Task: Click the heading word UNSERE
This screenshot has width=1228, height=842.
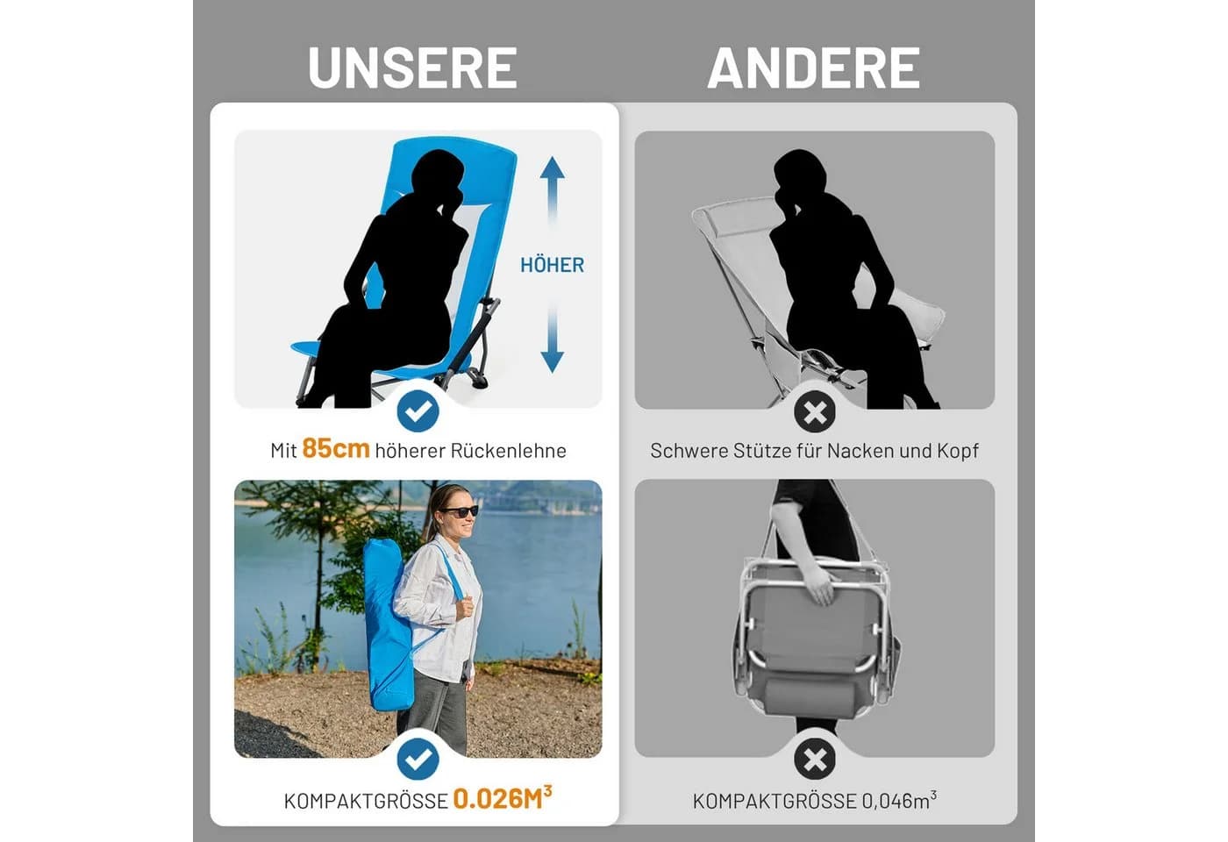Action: tap(412, 68)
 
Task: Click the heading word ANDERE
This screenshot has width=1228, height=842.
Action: tap(814, 68)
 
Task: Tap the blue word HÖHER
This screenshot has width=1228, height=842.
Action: tap(552, 265)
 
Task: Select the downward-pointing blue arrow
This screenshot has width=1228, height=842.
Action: tap(552, 340)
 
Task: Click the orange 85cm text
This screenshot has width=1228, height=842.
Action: tap(336, 448)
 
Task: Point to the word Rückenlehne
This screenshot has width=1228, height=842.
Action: tap(508, 451)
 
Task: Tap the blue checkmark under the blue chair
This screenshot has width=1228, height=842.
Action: tap(418, 411)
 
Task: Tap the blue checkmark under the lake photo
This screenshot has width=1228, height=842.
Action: tap(418, 759)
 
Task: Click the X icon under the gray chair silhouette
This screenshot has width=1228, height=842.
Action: tap(815, 411)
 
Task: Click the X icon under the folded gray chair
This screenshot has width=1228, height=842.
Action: tap(815, 759)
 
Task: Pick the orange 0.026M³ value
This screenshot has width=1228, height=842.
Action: tap(502, 798)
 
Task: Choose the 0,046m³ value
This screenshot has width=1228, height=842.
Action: tap(899, 800)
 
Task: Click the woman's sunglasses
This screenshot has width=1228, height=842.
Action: tap(460, 510)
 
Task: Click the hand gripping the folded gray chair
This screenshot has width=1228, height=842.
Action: tap(820, 585)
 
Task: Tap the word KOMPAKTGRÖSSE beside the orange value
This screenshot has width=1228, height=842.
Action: tap(366, 801)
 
